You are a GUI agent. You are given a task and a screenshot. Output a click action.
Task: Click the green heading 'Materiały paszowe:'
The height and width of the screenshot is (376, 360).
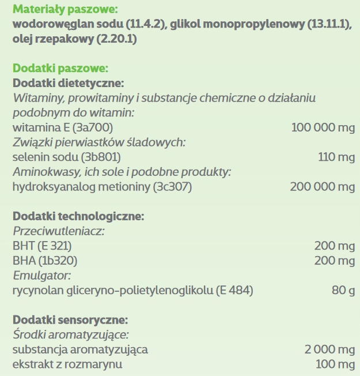63,10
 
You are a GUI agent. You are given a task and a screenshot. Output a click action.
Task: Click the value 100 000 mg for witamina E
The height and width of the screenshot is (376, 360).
323,126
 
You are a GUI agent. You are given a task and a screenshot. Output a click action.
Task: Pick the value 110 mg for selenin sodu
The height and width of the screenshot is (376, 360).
336,156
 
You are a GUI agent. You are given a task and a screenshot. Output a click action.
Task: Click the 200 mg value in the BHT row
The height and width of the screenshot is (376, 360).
335,246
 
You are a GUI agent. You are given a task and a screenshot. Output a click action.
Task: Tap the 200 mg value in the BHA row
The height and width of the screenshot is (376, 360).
335,261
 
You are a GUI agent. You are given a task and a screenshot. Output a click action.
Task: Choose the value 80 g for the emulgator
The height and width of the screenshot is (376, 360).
343,289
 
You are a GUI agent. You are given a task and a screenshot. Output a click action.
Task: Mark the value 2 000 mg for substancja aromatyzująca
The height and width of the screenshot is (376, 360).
329,349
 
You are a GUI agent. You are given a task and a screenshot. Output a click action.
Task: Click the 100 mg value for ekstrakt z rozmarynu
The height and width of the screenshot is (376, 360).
336,364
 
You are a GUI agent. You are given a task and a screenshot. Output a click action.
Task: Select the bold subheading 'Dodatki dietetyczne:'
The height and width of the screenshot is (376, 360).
69,83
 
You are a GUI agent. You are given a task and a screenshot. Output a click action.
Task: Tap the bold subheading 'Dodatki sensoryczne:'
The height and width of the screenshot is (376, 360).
70,319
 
